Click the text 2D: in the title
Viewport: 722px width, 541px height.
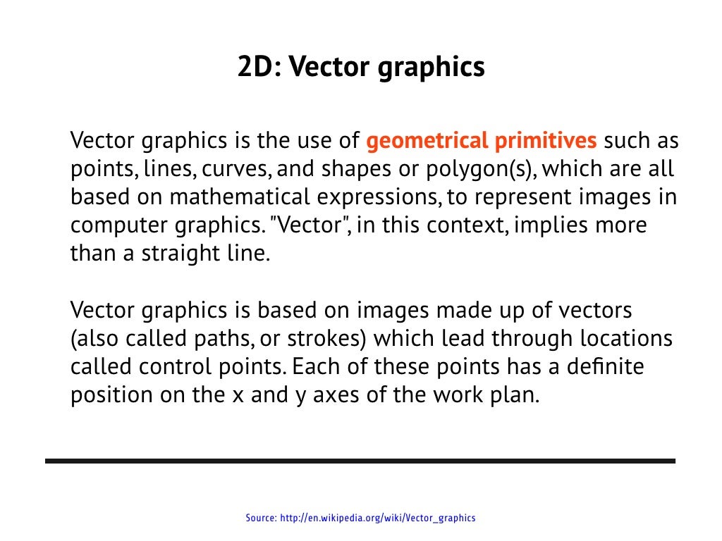point(258,68)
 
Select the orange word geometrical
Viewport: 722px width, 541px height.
point(427,141)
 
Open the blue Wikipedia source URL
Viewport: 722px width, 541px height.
point(378,518)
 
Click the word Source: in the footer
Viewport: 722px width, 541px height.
point(261,518)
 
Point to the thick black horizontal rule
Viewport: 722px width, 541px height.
point(360,461)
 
